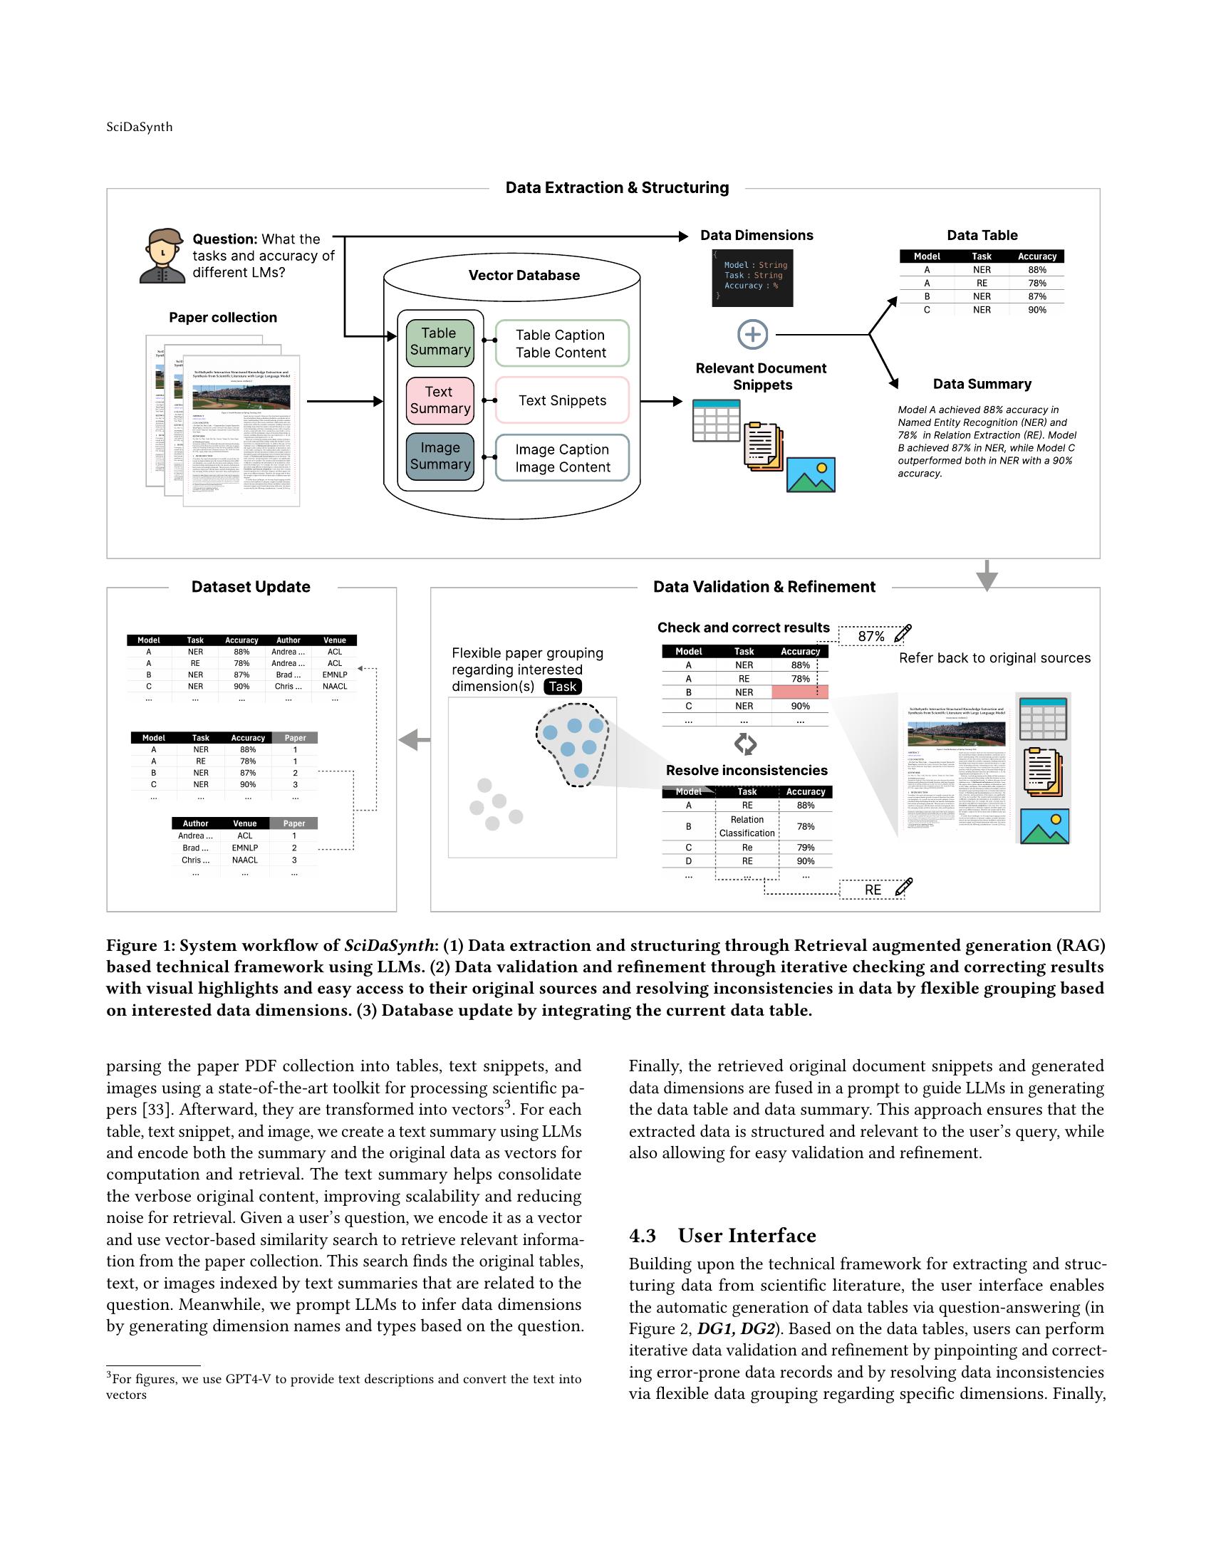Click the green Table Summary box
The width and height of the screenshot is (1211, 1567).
coord(439,341)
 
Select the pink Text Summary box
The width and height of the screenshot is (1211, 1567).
coord(439,400)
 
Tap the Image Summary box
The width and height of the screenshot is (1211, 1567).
coord(439,456)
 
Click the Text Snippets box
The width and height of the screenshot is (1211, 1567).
coord(562,400)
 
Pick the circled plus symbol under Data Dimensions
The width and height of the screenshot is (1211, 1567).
coord(752,334)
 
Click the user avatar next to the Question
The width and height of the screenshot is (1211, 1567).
coord(163,256)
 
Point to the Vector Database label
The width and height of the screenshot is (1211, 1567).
coord(524,276)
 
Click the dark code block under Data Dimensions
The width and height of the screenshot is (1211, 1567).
coord(752,276)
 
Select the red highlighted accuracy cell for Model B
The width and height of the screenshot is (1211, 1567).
coord(799,692)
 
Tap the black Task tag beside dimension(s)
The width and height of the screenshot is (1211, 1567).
coord(563,687)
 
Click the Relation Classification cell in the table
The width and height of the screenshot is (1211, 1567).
coord(747,826)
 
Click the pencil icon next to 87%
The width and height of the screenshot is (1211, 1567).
coord(903,633)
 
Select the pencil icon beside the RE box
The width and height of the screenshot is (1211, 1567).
coord(904,887)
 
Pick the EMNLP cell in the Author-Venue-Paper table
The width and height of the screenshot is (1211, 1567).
coord(244,848)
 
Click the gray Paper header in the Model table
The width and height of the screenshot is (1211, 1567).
coord(295,738)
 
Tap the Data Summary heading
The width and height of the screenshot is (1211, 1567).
coord(982,384)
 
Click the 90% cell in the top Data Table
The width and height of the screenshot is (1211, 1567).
coord(1036,310)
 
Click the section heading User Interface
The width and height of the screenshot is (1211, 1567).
coord(746,1236)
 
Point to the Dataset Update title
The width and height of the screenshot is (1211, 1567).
coord(250,587)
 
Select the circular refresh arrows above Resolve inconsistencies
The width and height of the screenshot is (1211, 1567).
coord(745,744)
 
